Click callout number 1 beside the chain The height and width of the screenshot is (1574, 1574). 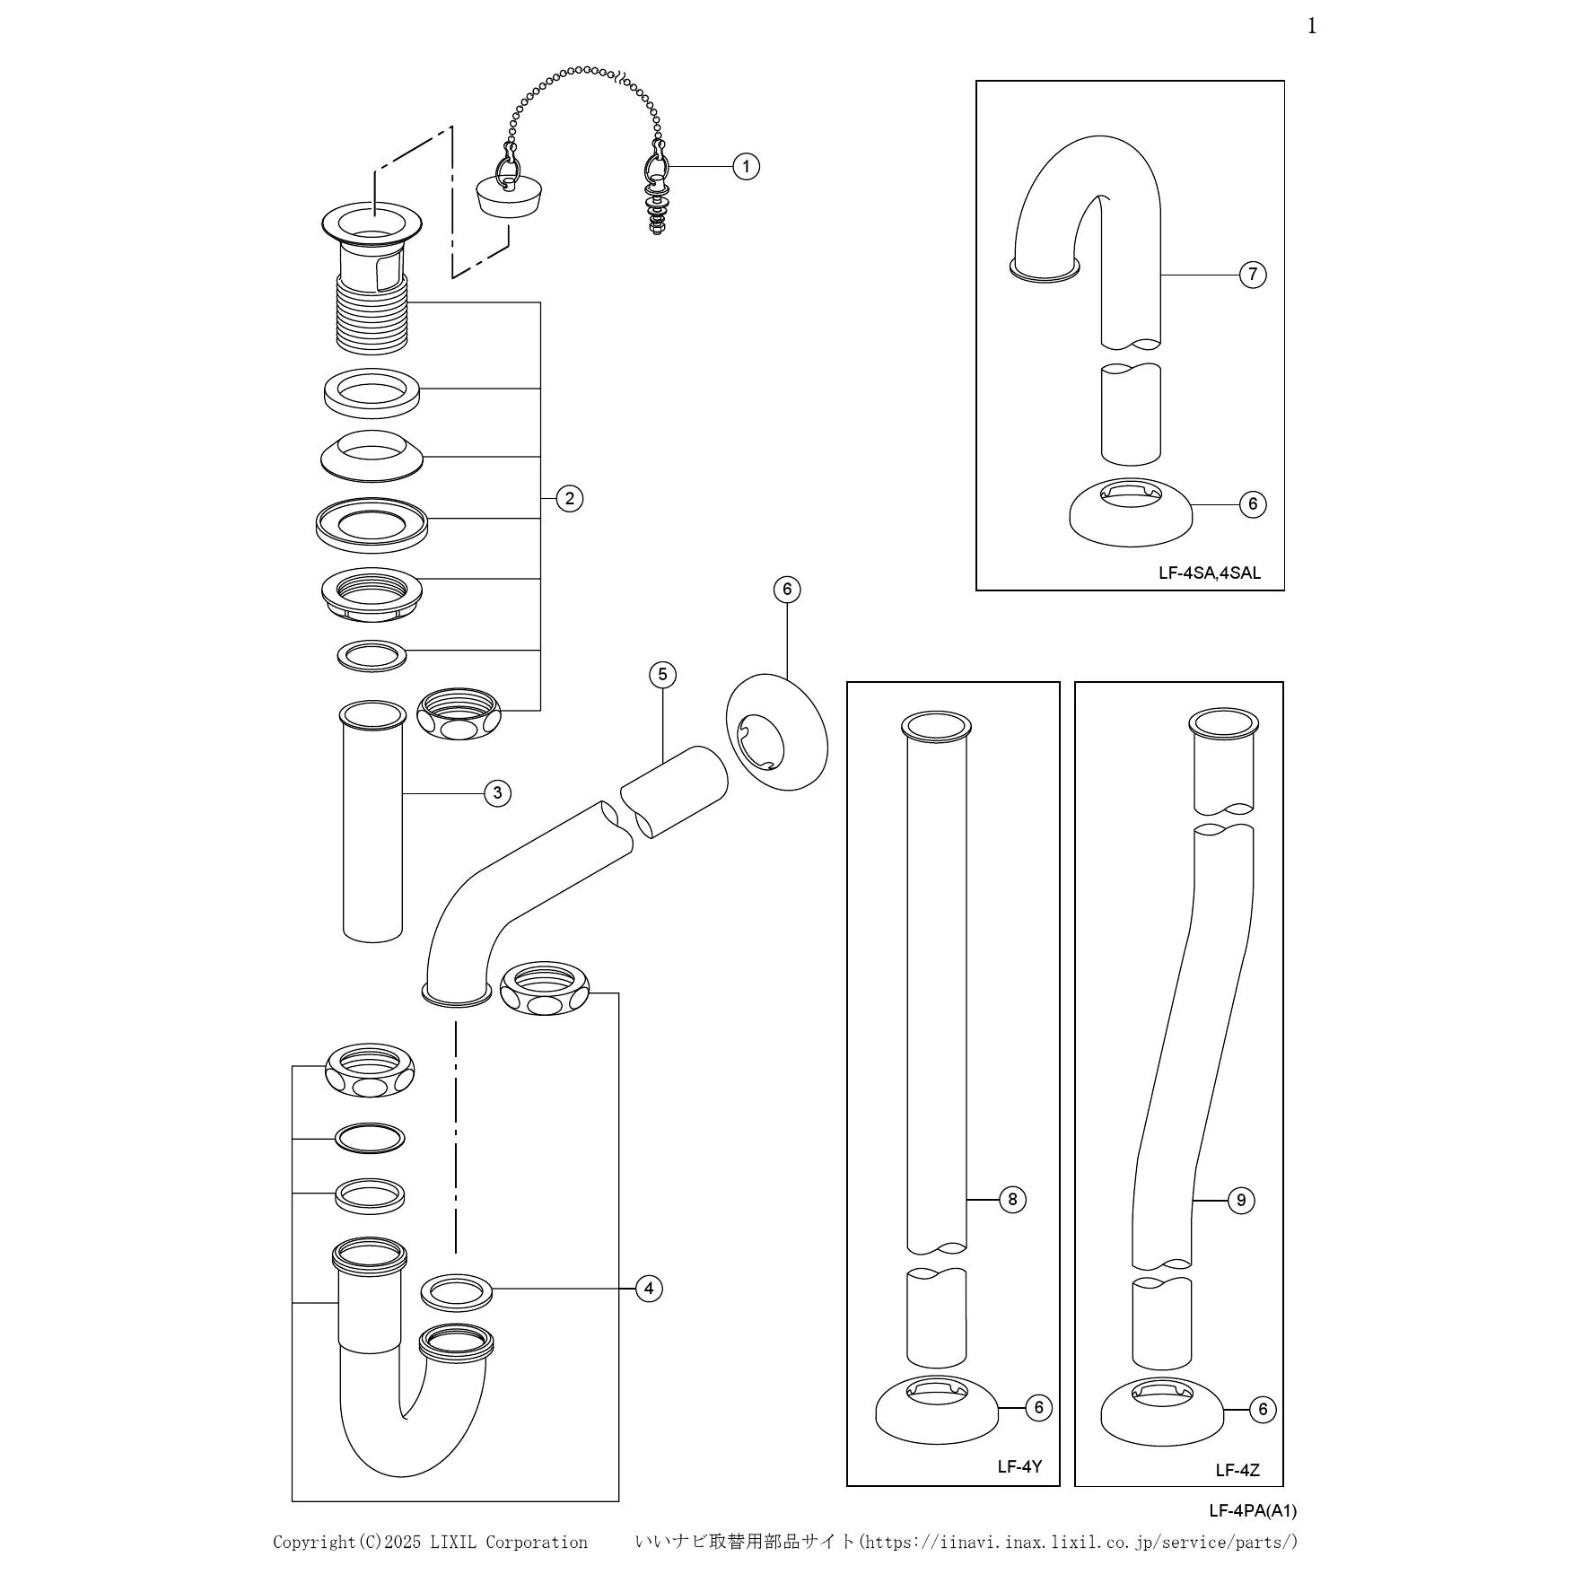[x=746, y=166]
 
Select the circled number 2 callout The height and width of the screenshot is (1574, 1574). [x=569, y=498]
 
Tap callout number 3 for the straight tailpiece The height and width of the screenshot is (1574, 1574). [x=497, y=793]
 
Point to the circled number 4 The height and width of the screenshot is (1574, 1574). [x=649, y=1289]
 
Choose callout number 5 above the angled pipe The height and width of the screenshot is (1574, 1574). [x=662, y=675]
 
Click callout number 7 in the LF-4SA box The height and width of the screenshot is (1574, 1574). [x=1253, y=274]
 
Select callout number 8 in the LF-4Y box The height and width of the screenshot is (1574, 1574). [x=1012, y=1199]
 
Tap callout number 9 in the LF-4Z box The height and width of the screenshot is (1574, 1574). [x=1241, y=1200]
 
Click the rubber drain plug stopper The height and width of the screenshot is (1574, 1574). [x=509, y=193]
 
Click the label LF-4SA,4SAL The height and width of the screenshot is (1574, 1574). [x=1209, y=573]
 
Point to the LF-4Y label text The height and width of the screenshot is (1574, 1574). [x=1019, y=1467]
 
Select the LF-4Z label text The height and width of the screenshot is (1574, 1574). [x=1237, y=1470]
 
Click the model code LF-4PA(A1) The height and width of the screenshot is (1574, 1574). [x=1252, y=1510]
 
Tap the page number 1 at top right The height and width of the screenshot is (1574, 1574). [x=1312, y=26]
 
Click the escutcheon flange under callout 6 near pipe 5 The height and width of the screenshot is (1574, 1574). [x=777, y=732]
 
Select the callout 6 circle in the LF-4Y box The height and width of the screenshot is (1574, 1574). [x=1039, y=1407]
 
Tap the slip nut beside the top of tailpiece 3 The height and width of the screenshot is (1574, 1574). [x=459, y=713]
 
